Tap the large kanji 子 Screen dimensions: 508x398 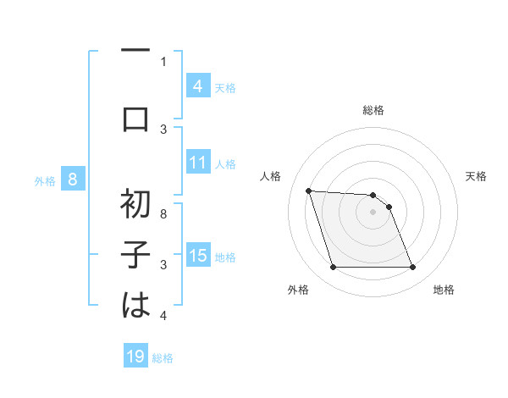(x=135, y=254)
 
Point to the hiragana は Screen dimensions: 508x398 (x=135, y=305)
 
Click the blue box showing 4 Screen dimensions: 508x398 (x=197, y=86)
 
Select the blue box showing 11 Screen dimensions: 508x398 (x=197, y=163)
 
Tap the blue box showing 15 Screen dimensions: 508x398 (x=197, y=256)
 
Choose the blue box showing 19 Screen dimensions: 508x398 (x=135, y=357)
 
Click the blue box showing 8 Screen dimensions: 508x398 (x=73, y=180)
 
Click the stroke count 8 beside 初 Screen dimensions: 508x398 (x=163, y=215)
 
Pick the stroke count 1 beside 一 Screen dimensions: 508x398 (x=163, y=61)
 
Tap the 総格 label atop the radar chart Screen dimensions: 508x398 (x=373, y=110)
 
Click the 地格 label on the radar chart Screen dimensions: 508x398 (x=444, y=290)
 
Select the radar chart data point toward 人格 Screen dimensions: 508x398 (x=308, y=191)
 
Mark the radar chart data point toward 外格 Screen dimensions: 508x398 (x=333, y=268)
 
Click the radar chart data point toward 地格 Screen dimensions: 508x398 (x=412, y=268)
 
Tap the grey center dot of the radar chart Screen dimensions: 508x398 (x=373, y=212)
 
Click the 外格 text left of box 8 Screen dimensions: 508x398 (x=45, y=180)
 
